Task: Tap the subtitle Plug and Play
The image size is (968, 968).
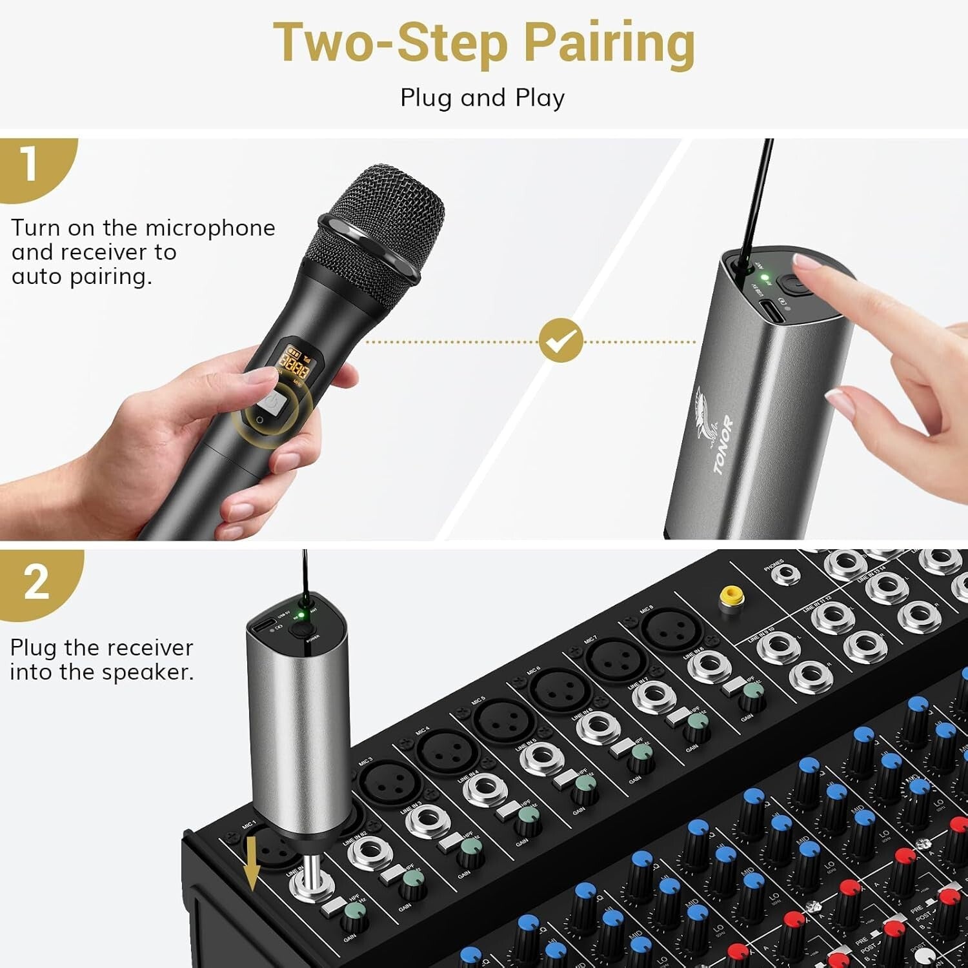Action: point(482,98)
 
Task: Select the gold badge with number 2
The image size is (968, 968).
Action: point(35,582)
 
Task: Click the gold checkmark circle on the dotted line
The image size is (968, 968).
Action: point(561,340)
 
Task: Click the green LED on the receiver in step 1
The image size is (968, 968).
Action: point(765,277)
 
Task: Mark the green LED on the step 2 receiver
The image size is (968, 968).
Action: point(300,605)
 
